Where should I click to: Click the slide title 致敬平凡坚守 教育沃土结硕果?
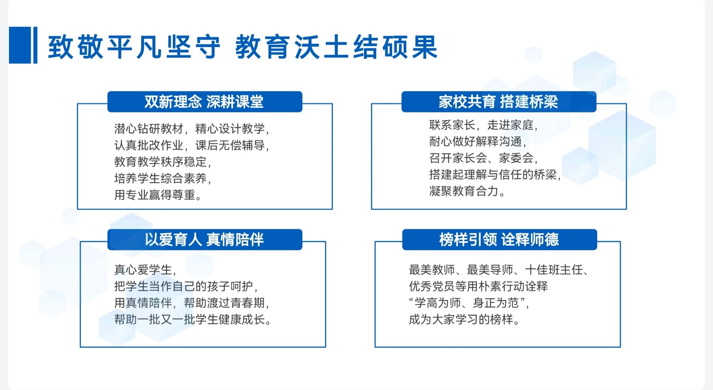243,47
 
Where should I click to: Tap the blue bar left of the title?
23,45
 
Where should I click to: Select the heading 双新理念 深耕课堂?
204,102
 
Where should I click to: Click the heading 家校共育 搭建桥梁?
498,102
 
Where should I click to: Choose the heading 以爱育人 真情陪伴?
204,239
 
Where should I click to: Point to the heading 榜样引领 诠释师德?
499,239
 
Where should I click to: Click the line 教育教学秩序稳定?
160,162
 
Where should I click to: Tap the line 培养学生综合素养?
160,178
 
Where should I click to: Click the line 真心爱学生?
143,270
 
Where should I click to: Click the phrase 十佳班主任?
554,270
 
